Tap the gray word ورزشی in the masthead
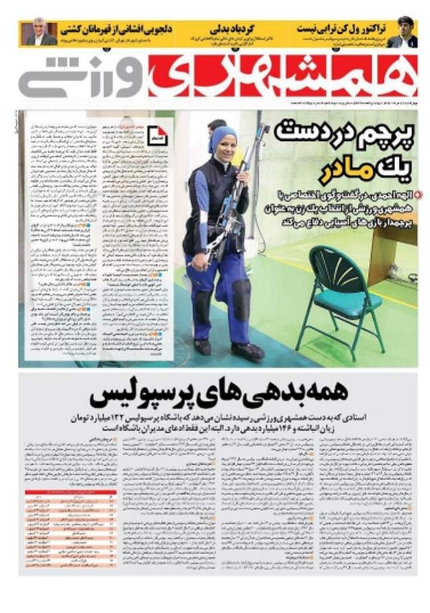(76, 76)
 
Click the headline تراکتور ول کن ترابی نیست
(337, 28)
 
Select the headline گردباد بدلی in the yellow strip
(228, 28)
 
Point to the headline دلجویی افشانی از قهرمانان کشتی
(116, 28)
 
